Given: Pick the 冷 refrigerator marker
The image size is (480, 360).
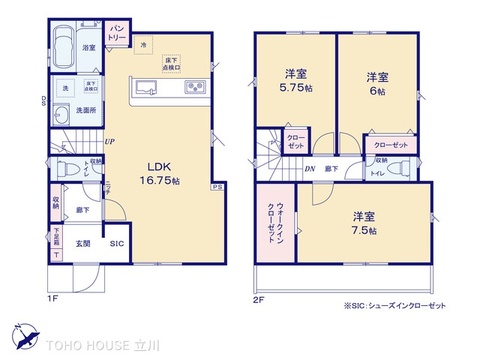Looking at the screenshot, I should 144,44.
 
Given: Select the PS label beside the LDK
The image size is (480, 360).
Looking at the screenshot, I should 217,187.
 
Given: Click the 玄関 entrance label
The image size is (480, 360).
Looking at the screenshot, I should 85,244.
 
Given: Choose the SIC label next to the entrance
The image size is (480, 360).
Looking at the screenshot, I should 115,244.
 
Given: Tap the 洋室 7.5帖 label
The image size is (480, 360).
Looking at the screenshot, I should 363,222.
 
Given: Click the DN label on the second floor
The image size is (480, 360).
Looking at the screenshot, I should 311,170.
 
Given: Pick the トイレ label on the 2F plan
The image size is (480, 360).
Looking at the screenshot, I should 378,173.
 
